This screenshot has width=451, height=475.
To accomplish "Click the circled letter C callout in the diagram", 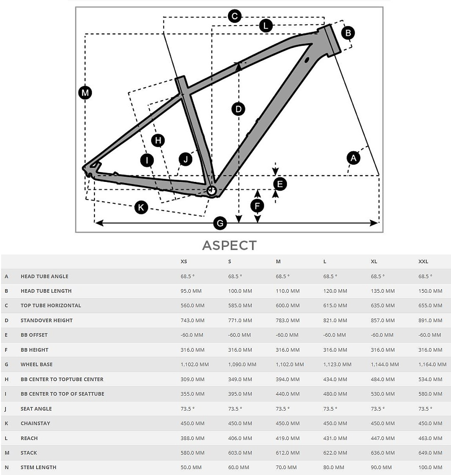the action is [x=234, y=16].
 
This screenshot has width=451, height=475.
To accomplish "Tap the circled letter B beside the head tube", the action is [x=348, y=33].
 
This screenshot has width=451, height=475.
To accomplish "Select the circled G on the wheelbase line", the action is [x=220, y=223].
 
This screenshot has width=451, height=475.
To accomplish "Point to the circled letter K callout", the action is [x=141, y=207].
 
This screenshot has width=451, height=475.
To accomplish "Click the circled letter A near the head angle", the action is [x=353, y=158].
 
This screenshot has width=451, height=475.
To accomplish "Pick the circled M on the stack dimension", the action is [x=85, y=93].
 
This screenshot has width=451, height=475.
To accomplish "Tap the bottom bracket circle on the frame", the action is [x=212, y=191].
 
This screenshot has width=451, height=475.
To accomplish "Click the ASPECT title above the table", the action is [x=229, y=245].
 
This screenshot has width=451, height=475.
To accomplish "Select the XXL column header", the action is [x=423, y=261].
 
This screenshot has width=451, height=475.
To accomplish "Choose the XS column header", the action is [x=184, y=261].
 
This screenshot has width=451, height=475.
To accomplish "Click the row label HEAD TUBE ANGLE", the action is [x=44, y=276].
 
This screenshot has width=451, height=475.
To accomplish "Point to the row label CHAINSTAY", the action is [x=35, y=423].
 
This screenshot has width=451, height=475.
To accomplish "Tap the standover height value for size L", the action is [x=335, y=320].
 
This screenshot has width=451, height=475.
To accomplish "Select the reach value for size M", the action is [x=287, y=438].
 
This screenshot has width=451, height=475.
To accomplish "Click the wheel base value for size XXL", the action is [x=433, y=364].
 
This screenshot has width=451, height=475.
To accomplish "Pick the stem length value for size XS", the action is [x=191, y=467].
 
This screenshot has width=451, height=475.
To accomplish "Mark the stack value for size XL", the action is [x=383, y=453].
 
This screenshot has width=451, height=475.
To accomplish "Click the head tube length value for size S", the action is [x=240, y=291].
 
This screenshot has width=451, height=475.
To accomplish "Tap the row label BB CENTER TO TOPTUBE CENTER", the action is [x=62, y=379].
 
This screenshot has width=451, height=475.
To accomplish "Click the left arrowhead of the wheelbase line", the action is [x=99, y=223].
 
